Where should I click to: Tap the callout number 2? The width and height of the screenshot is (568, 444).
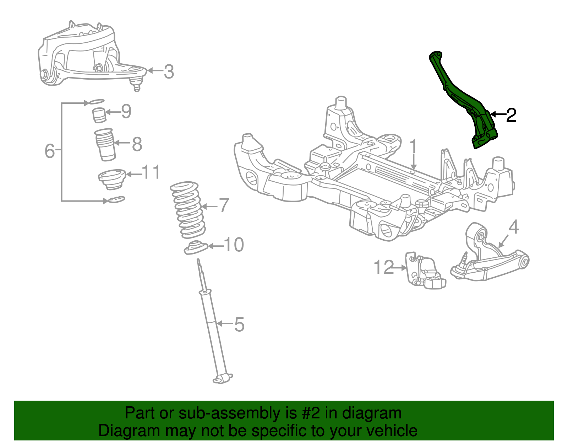[511, 115]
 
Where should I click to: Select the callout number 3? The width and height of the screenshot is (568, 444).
[169, 71]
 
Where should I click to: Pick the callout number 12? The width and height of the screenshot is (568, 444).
[384, 267]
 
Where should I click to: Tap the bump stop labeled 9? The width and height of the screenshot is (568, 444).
[99, 115]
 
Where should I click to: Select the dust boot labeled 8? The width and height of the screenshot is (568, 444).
[105, 144]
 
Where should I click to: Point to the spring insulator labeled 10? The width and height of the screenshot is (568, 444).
[196, 247]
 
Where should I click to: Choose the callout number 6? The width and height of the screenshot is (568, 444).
[50, 151]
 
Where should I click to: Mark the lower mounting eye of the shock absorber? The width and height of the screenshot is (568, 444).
[222, 379]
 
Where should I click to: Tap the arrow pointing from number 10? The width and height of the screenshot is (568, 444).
[216, 246]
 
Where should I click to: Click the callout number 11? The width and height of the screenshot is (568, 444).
[151, 172]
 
